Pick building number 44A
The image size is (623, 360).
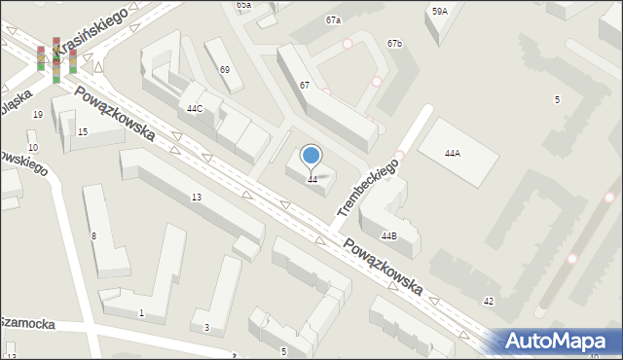click(x=452, y=154)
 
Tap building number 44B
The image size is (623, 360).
click(x=389, y=235)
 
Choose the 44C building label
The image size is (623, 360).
click(x=195, y=108)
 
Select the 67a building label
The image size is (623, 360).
click(x=334, y=19)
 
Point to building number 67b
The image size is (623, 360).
click(x=394, y=44)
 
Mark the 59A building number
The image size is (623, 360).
click(x=440, y=12)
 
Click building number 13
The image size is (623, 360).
click(x=196, y=198)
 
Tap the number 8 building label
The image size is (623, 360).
click(x=93, y=236)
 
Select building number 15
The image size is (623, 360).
click(x=83, y=131)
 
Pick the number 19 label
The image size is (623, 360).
click(x=38, y=115)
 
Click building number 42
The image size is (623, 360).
click(x=489, y=302)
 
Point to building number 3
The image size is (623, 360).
click(x=206, y=328)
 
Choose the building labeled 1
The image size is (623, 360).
click(x=141, y=312)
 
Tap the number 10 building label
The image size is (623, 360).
click(x=33, y=148)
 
